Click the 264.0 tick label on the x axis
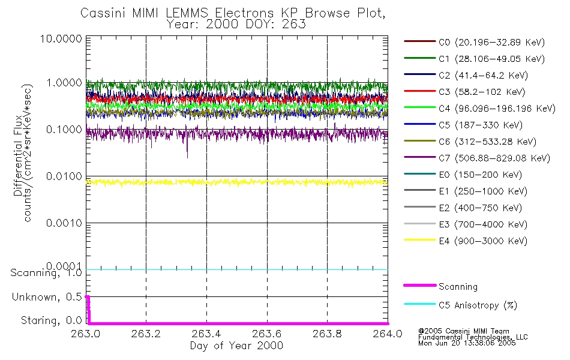pyautogui.click(x=388, y=334)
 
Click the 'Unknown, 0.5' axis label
pyautogui.click(x=46, y=297)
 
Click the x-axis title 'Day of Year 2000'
pyautogui.click(x=236, y=346)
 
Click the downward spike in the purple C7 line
pyautogui.click(x=187, y=154)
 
